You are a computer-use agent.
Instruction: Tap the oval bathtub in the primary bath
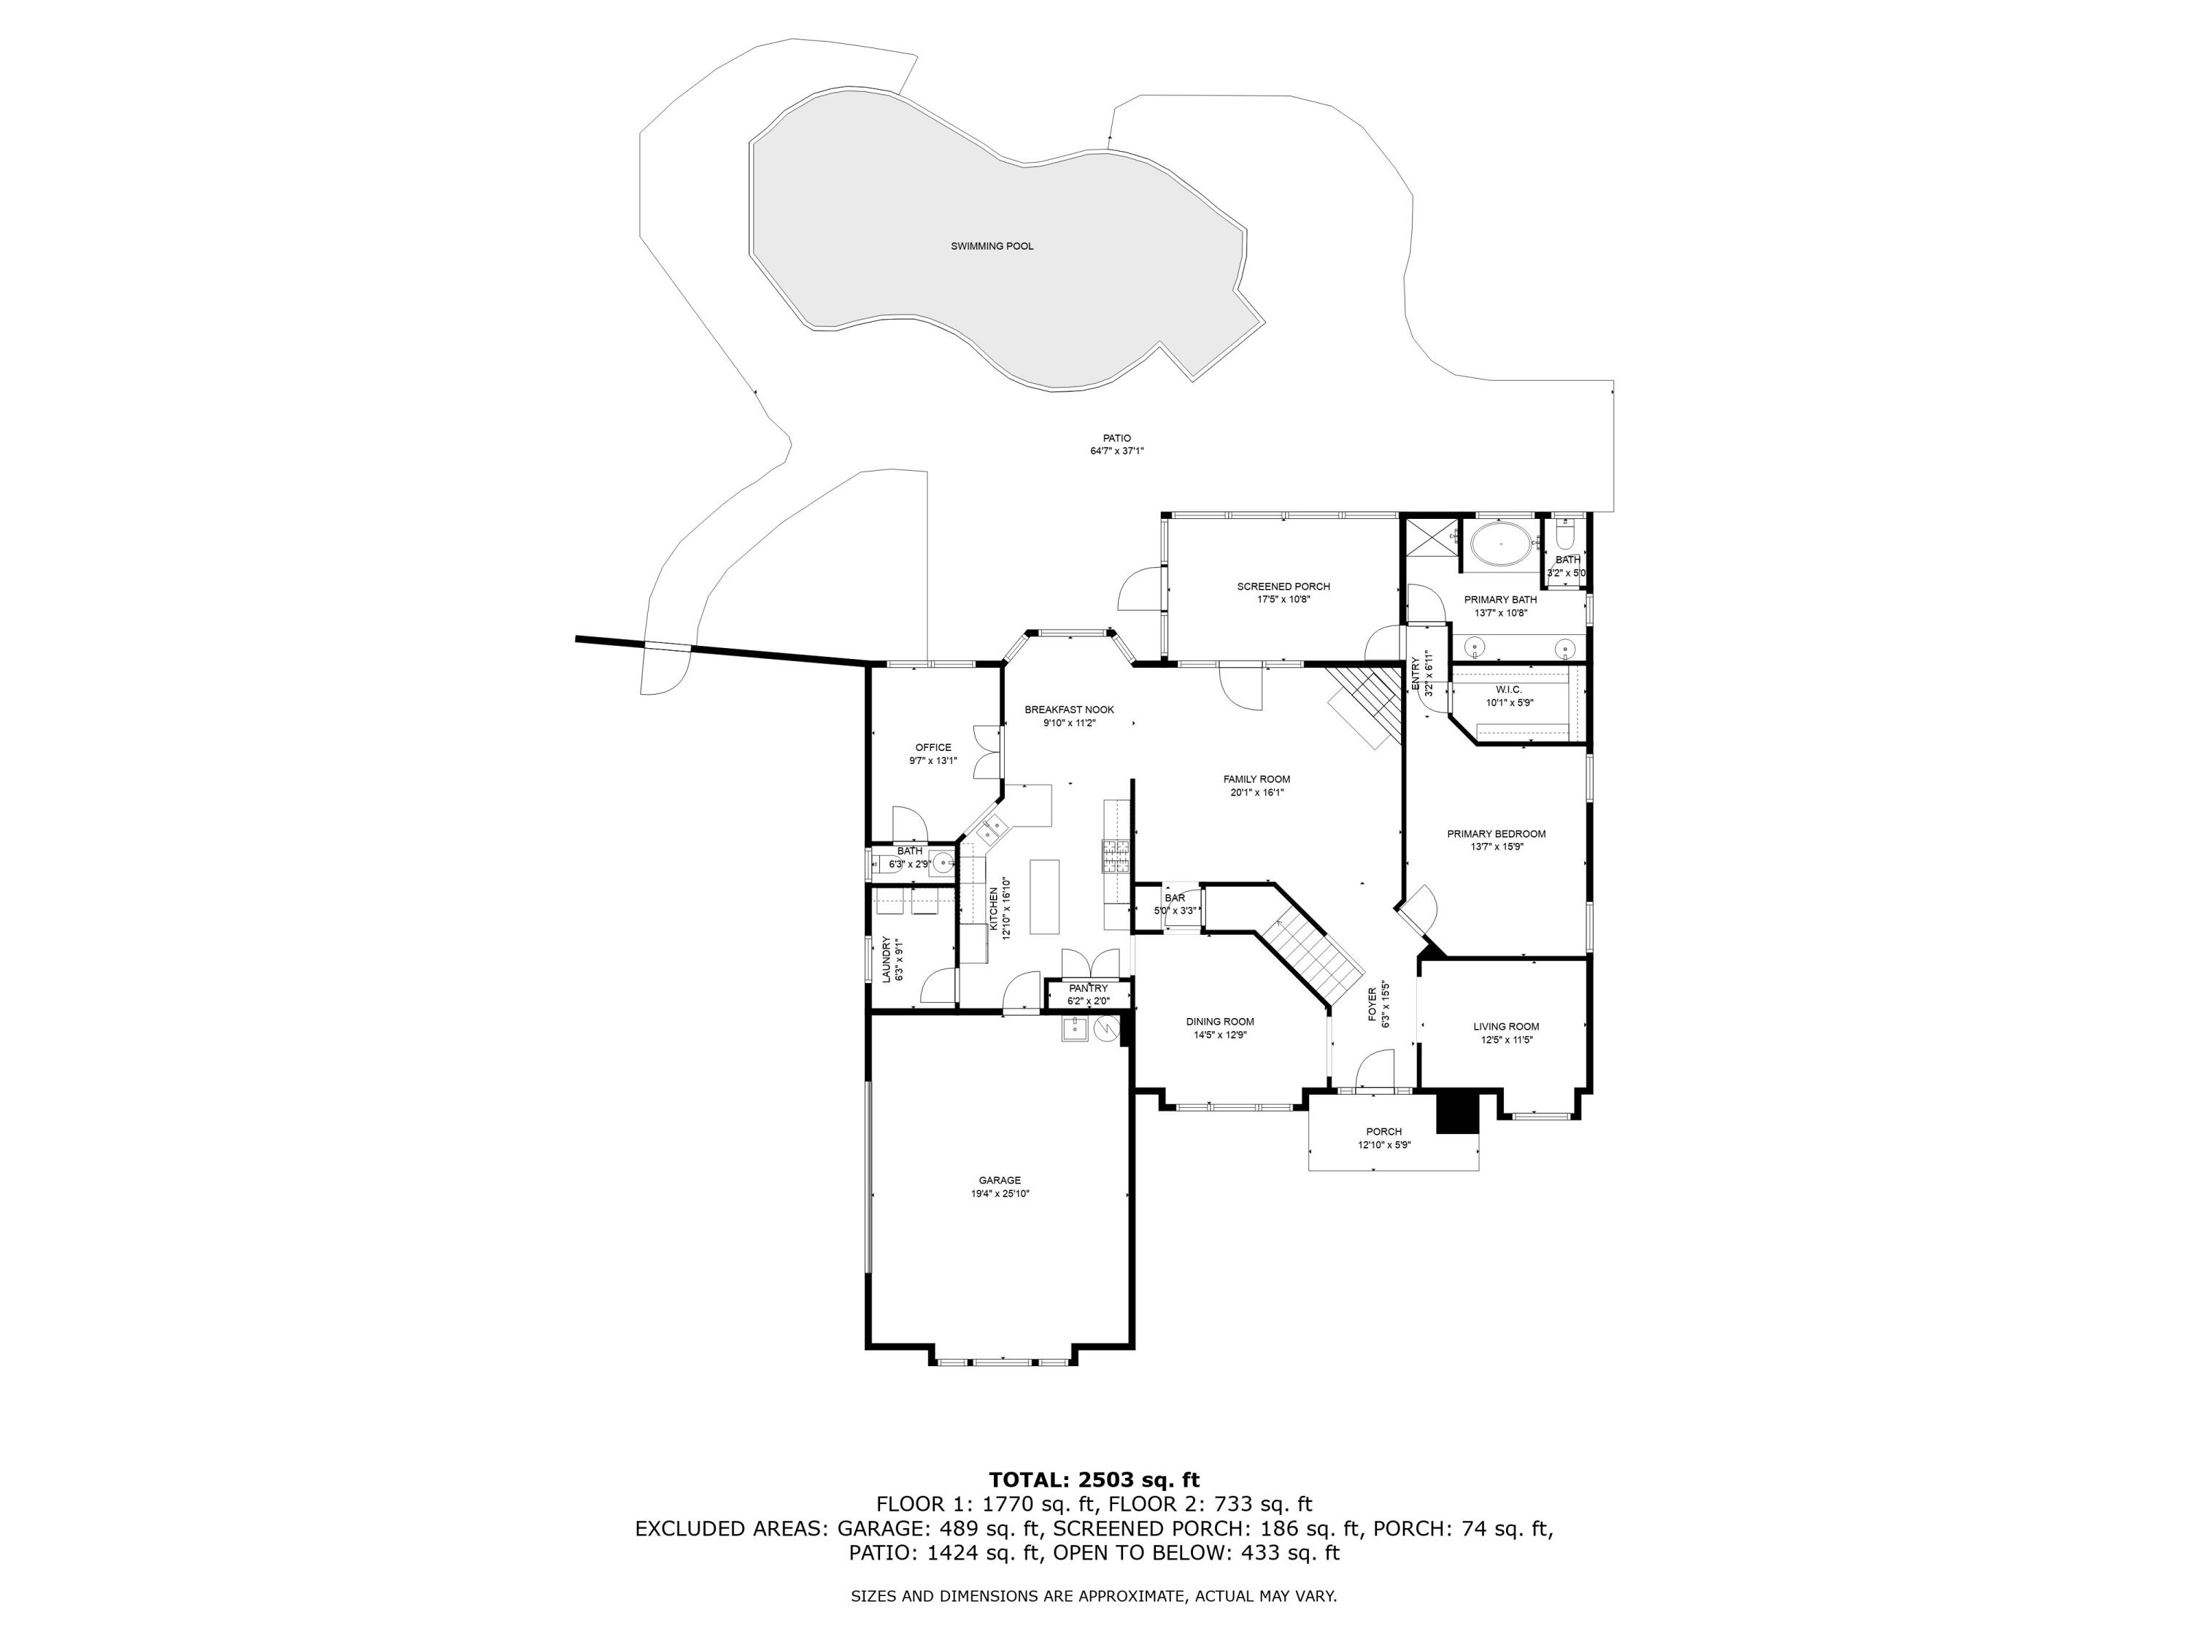click(1500, 545)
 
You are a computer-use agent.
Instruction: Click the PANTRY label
click(1088, 989)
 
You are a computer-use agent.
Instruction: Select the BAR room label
click(1175, 898)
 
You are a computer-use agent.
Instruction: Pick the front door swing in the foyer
click(1373, 1071)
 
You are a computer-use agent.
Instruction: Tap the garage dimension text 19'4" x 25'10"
click(1000, 1194)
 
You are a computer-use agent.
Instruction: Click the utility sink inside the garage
click(1075, 1030)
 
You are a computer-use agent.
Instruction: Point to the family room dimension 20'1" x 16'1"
click(1256, 792)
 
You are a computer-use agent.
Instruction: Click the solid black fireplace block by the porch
click(1456, 1111)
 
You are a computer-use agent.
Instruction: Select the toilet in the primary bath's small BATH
click(1564, 537)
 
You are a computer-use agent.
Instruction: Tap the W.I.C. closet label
click(1508, 689)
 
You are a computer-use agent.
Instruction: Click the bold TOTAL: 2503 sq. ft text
click(1094, 1480)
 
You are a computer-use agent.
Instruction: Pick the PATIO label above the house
click(1116, 437)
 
